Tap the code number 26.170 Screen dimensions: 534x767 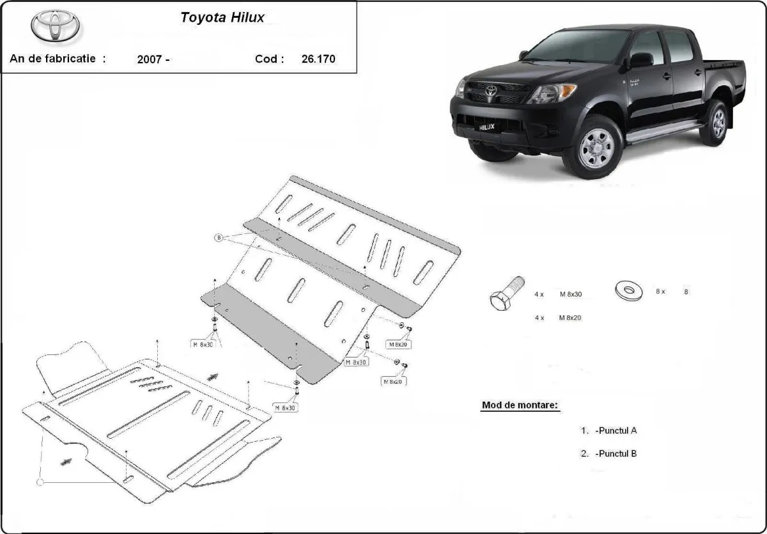click(318, 59)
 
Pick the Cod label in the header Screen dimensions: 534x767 click(269, 59)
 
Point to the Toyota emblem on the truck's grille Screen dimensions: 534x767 click(491, 91)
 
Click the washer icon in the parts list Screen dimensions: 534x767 click(630, 290)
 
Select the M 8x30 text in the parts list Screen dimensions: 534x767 click(571, 295)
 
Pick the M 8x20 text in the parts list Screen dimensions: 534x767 click(571, 317)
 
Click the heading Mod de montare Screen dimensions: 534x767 click(520, 405)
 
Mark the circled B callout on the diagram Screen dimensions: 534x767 click(219, 238)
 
